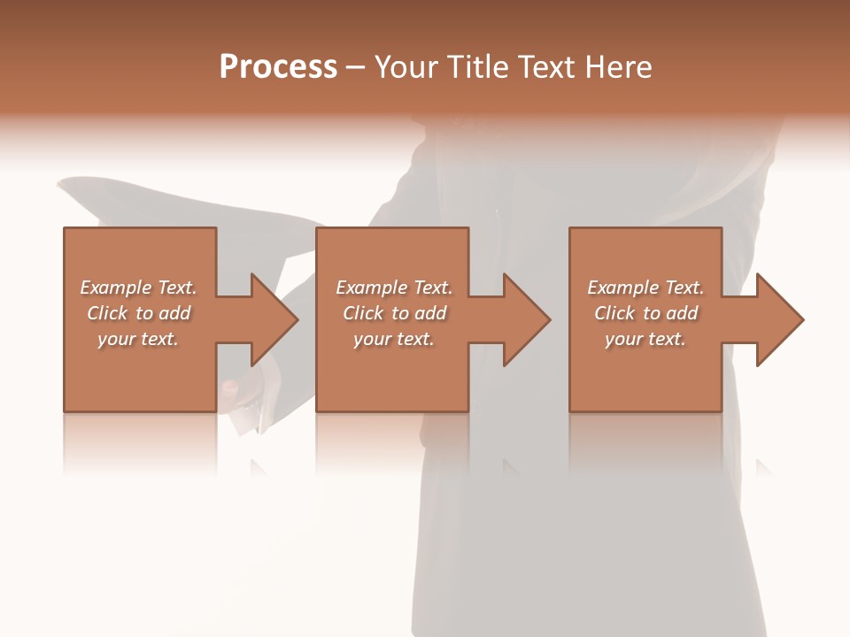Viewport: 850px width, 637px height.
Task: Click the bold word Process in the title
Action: (278, 67)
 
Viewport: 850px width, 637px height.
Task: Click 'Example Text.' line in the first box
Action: (138, 288)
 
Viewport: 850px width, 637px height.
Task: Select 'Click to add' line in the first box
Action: (138, 313)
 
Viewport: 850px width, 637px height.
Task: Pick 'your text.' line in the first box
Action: (138, 339)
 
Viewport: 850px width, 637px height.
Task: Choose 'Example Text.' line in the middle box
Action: (393, 288)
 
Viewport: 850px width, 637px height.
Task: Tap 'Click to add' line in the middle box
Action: (393, 313)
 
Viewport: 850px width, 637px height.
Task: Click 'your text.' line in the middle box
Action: (393, 339)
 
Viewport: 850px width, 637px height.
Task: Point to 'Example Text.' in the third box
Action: (645, 288)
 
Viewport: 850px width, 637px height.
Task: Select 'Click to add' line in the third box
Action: (645, 313)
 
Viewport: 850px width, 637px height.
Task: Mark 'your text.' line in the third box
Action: (645, 339)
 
